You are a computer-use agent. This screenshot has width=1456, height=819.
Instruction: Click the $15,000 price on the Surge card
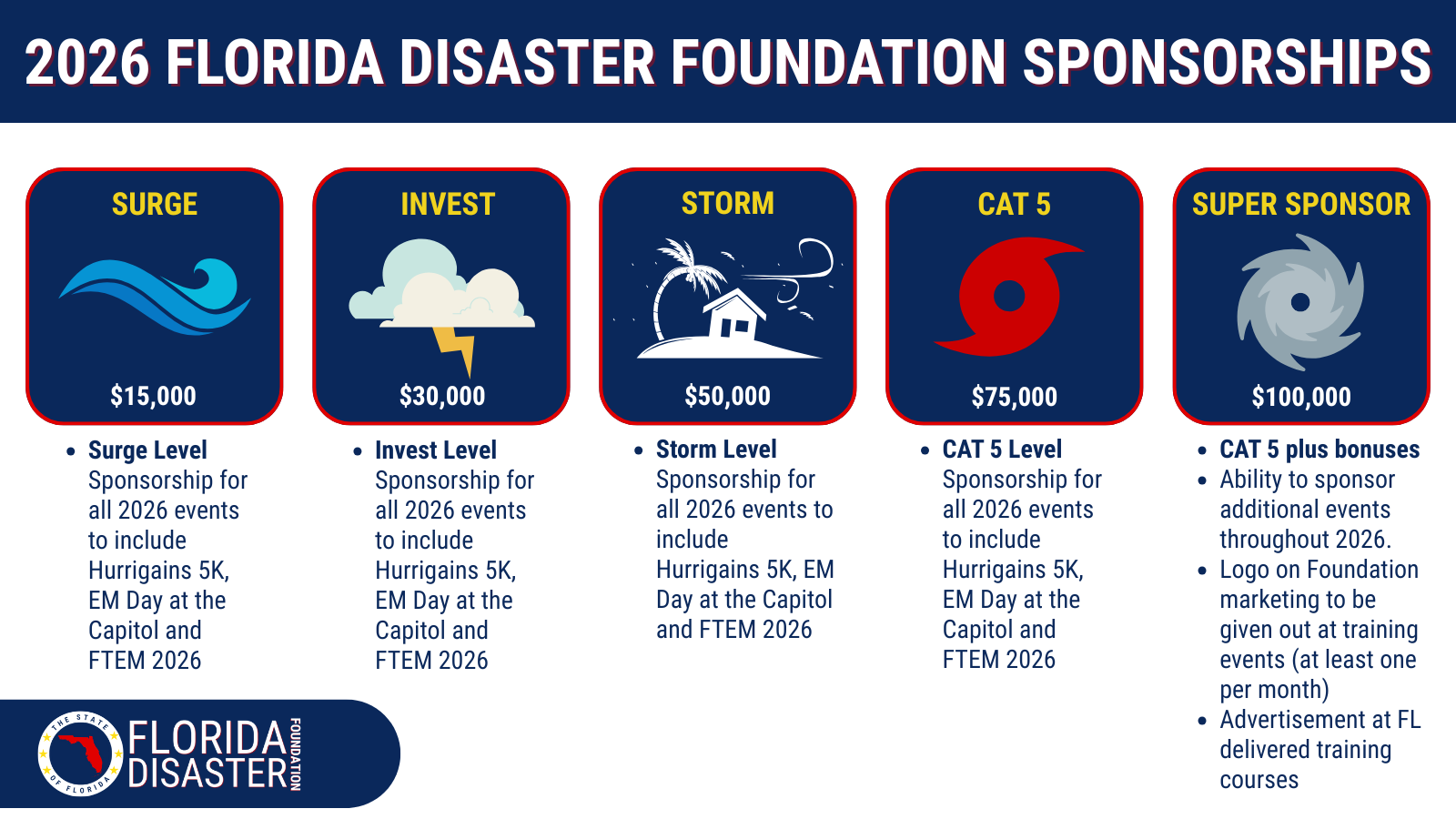154,396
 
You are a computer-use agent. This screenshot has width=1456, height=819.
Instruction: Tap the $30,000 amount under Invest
442,396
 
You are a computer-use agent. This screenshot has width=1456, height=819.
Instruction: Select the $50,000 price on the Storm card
727,396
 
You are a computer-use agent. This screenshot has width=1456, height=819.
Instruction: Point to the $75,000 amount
1014,397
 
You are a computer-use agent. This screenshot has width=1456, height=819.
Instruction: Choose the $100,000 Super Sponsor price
1301,397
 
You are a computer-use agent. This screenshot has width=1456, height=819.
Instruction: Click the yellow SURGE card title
155,204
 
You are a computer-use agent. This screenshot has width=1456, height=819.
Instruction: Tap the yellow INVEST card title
448,204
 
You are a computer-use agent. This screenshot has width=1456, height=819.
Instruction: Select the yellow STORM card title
728,204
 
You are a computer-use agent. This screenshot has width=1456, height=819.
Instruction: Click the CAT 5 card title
1014,204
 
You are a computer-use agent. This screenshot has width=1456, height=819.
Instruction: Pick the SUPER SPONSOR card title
1301,204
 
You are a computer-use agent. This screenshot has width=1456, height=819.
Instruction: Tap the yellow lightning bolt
455,349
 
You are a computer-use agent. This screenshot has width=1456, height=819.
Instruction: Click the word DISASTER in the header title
527,63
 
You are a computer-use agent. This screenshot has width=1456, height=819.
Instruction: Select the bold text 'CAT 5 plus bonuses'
1319,450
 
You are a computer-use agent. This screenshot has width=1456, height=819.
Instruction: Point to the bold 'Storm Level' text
716,450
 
